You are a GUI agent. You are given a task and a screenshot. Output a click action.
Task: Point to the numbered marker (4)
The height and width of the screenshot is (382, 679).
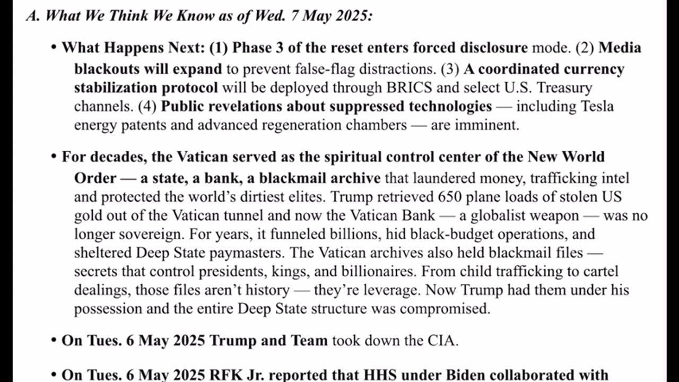[x=147, y=106]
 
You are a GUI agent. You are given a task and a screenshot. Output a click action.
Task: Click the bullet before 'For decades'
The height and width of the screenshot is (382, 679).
[x=54, y=157]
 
